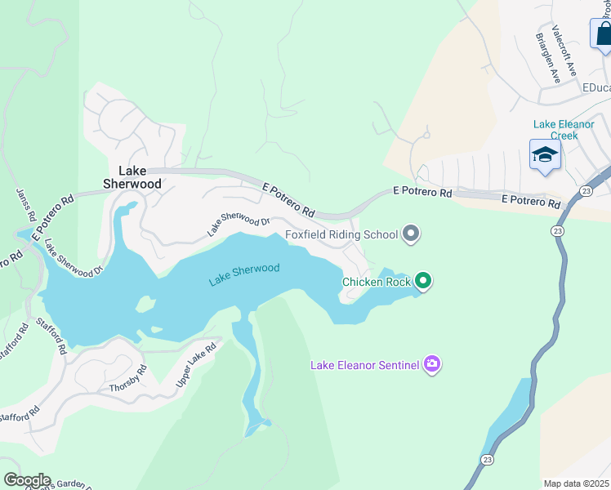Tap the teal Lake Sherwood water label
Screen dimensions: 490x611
(x=243, y=274)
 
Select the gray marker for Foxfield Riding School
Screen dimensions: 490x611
(x=412, y=235)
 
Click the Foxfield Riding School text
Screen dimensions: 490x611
(x=341, y=235)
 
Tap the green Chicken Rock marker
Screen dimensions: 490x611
(x=422, y=282)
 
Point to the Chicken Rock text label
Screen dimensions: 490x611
(x=376, y=283)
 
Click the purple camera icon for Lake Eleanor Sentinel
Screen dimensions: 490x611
(x=432, y=364)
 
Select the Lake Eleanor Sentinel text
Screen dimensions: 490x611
(x=364, y=365)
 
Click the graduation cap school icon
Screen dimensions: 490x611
(x=545, y=154)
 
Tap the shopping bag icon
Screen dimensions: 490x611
(x=602, y=33)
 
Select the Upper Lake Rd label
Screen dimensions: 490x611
(x=196, y=364)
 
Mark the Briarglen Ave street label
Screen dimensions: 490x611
(x=547, y=58)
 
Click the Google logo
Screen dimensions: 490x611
(x=26, y=480)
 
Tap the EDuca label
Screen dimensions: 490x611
(x=595, y=87)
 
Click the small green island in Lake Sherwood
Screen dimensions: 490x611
(x=145, y=305)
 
